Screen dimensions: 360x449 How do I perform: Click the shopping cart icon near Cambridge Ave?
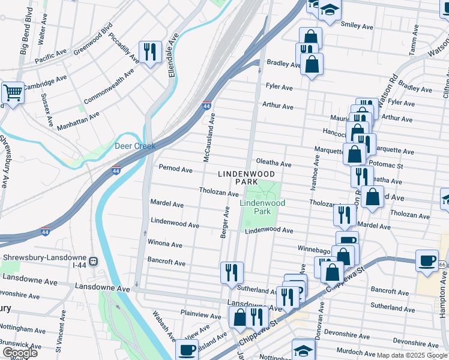pyautogui.click(x=12, y=92)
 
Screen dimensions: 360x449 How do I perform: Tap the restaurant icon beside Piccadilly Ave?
pyautogui.click(x=149, y=51)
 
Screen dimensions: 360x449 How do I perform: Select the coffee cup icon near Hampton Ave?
pyautogui.click(x=427, y=260)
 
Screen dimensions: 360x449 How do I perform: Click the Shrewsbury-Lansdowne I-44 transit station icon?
pyautogui.click(x=94, y=262)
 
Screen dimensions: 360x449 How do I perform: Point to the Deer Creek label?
pyautogui.click(x=135, y=146)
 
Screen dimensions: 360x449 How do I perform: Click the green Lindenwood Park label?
pyautogui.click(x=262, y=207)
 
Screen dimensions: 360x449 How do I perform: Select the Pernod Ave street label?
pyautogui.click(x=175, y=169)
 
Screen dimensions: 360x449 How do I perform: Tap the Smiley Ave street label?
pyautogui.click(x=357, y=25)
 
